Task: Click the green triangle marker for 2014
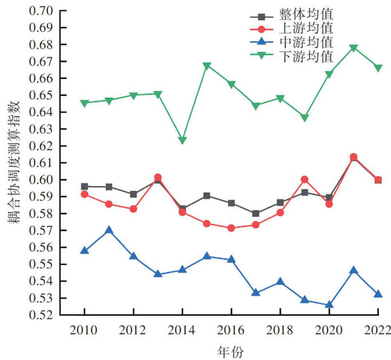tap(182, 141)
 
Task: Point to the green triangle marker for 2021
tap(353, 48)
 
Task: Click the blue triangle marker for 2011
tap(109, 230)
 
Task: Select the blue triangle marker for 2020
tap(329, 305)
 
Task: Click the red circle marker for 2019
tap(305, 179)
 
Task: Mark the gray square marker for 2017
tap(256, 214)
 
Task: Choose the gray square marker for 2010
tap(85, 186)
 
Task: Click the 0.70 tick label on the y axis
tap(39, 11)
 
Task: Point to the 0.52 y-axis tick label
tap(39, 315)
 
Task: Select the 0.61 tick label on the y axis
tap(39, 163)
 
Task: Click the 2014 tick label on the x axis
tap(182, 330)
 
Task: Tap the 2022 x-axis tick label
tap(378, 330)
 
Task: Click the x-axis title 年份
tap(231, 351)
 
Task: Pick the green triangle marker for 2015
tap(207, 66)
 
